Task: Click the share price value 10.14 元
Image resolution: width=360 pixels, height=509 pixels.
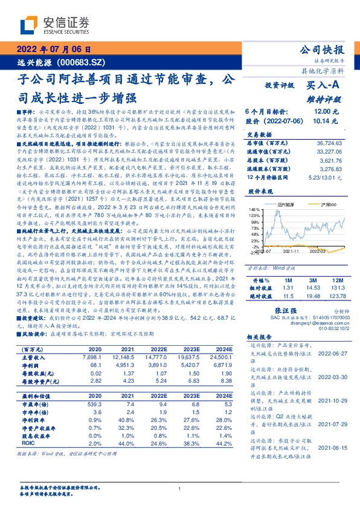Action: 321,121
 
